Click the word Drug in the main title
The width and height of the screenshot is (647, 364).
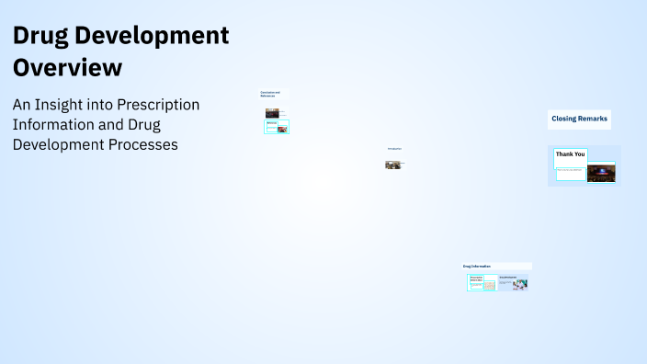[41, 36]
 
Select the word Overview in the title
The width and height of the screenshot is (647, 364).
[66, 67]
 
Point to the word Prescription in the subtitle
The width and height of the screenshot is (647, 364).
[158, 105]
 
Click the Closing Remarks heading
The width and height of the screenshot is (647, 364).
[579, 119]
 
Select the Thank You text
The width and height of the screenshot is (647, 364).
[570, 154]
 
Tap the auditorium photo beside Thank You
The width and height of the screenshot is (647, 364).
[601, 173]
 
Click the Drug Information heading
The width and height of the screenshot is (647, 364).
[477, 266]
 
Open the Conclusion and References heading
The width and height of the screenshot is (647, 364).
[269, 94]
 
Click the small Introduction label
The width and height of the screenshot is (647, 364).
[394, 149]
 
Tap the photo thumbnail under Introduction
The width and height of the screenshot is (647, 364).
[392, 165]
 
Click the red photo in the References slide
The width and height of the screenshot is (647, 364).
[283, 129]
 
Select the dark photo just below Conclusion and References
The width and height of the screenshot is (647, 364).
[272, 113]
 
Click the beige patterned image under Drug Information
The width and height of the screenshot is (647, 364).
[490, 285]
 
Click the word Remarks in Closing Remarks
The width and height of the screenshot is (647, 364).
[593, 119]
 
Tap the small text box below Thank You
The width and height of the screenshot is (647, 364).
[570, 170]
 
